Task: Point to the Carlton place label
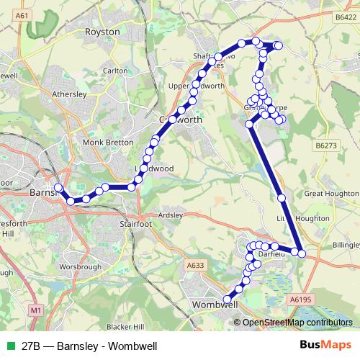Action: pyautogui.click(x=115, y=71)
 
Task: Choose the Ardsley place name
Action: pyautogui.click(x=170, y=214)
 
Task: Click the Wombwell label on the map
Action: pyautogui.click(x=216, y=305)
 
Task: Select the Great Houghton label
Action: pyautogui.click(x=330, y=193)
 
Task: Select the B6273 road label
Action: pyautogui.click(x=325, y=145)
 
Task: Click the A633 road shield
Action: pyautogui.click(x=195, y=266)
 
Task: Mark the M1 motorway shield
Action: pyautogui.click(x=36, y=310)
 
